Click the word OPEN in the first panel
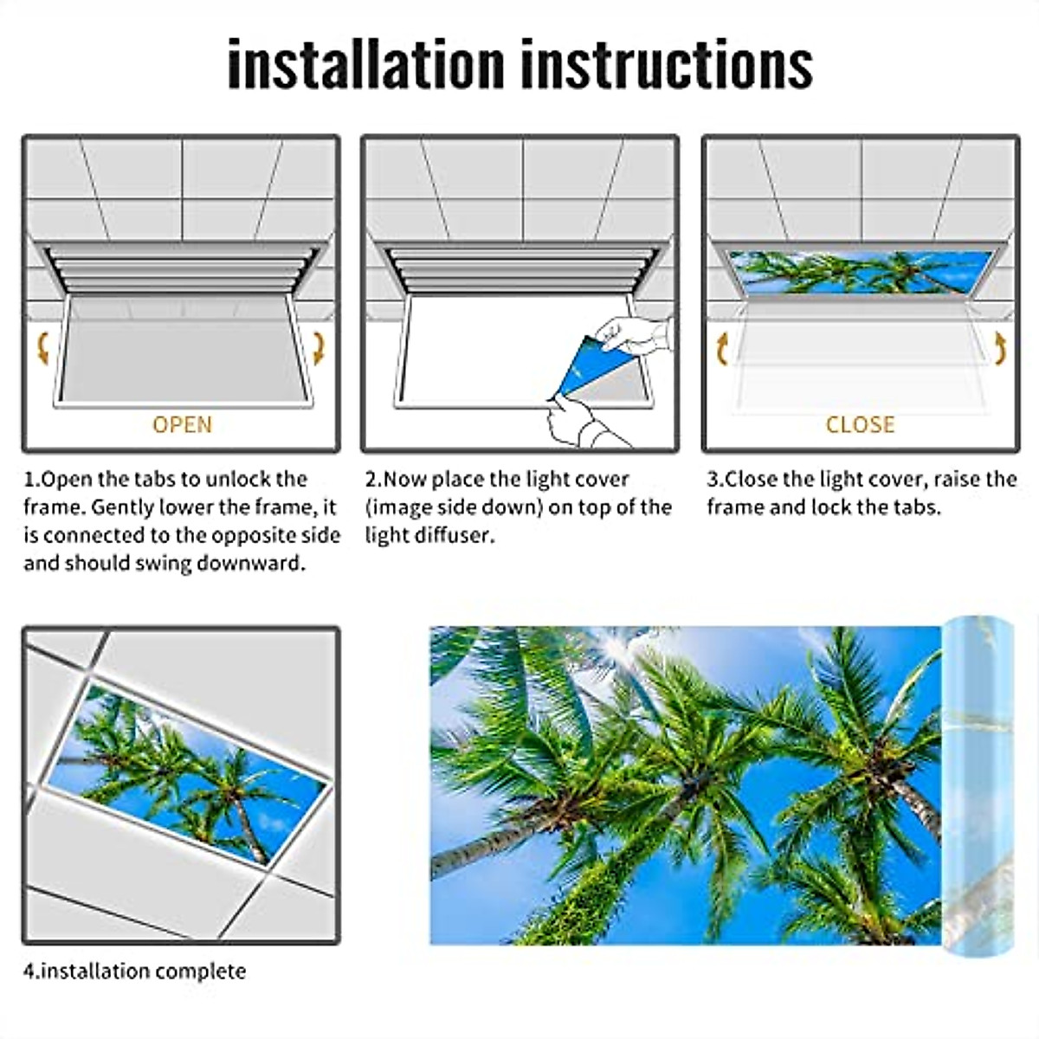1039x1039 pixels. (182, 425)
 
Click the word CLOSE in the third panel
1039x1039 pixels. (860, 425)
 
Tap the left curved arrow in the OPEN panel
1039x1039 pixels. (42, 350)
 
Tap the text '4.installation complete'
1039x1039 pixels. (134, 971)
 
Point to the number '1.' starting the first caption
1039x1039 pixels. (32, 480)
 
